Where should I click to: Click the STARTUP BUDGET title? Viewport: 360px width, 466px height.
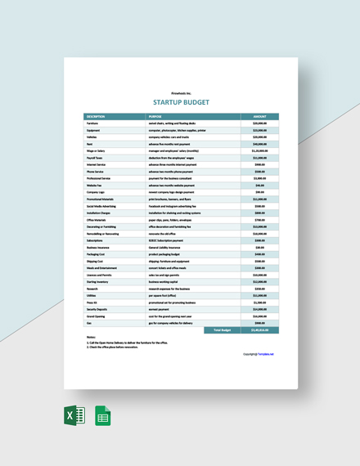click(180, 103)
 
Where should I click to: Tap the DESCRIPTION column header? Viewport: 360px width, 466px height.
click(96, 117)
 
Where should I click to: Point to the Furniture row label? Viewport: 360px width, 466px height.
click(92, 123)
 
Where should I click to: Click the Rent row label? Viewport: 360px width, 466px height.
click(88, 143)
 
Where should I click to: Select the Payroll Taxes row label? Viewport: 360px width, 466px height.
click(93, 157)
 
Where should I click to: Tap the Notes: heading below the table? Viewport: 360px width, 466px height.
click(91, 337)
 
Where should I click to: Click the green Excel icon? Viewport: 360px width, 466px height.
click(74, 417)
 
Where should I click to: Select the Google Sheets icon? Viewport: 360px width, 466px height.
click(103, 417)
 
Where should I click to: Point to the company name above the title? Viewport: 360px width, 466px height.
click(180, 93)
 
